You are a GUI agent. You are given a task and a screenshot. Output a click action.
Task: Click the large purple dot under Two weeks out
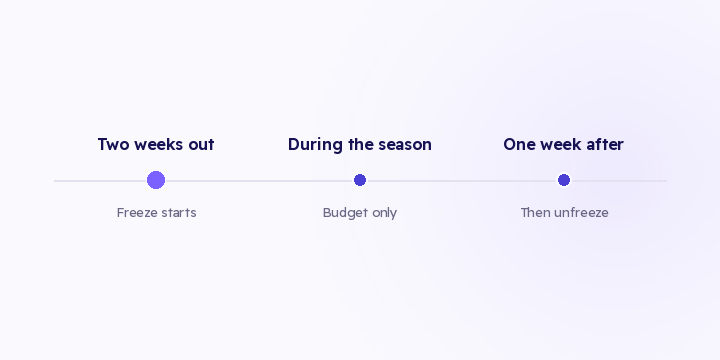pos(156,180)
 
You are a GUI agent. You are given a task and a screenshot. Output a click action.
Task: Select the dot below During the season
pos(360,180)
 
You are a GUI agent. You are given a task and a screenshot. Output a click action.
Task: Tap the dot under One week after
pos(564,180)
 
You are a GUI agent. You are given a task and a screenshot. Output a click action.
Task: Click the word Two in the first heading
pos(113,144)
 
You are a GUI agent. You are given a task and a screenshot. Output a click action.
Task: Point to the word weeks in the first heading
pos(159,144)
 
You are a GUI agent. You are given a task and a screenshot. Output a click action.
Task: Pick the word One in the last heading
pos(519,144)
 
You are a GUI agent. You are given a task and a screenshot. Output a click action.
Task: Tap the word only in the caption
pos(384,214)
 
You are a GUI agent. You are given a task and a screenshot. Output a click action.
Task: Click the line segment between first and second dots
pos(259,181)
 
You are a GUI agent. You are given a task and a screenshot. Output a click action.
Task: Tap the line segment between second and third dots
pos(462,181)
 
